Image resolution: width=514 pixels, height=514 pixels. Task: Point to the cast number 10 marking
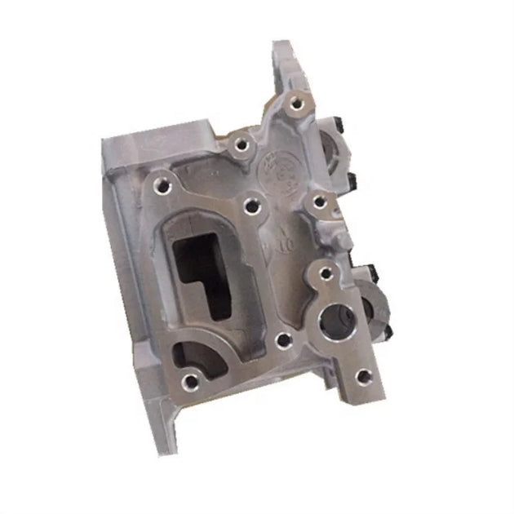tap(285, 242)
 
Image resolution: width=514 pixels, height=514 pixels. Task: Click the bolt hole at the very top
tap(294, 104)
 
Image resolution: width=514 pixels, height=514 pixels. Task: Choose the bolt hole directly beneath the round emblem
tap(251, 201)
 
